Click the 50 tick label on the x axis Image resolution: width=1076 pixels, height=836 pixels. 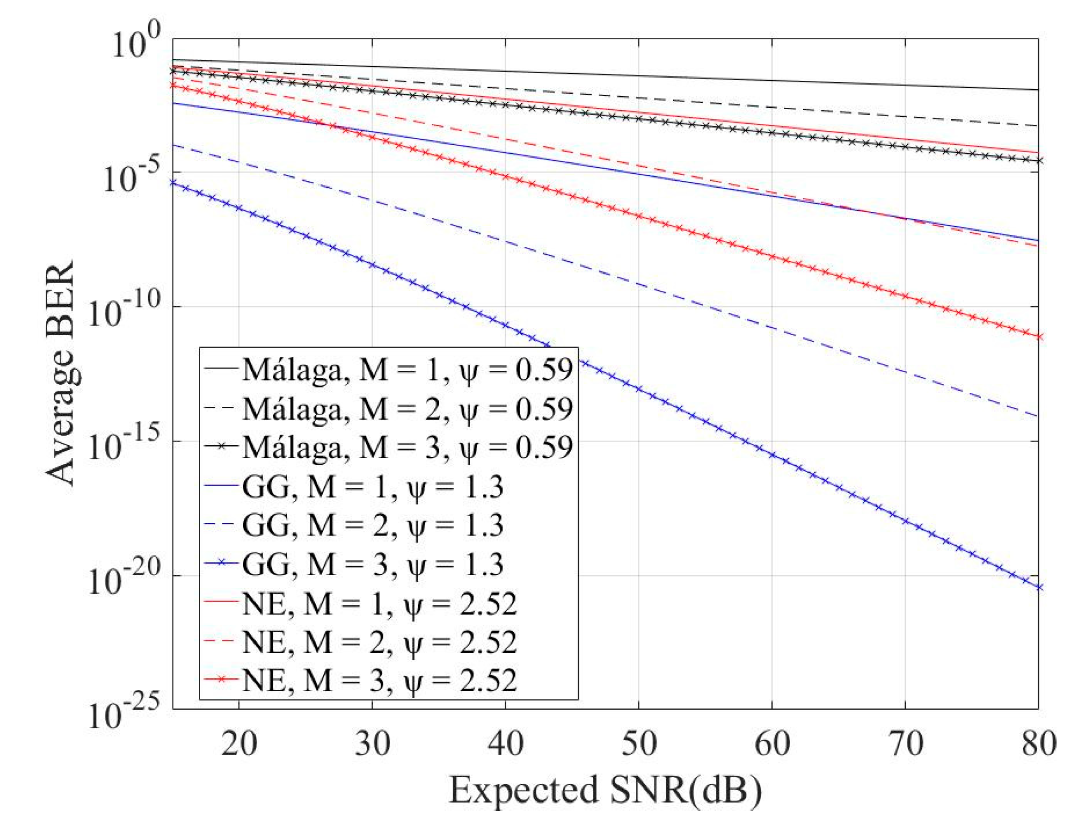click(x=639, y=744)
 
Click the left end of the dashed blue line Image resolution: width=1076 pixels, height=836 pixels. click(x=173, y=145)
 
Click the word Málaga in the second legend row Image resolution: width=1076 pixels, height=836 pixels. click(x=293, y=409)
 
